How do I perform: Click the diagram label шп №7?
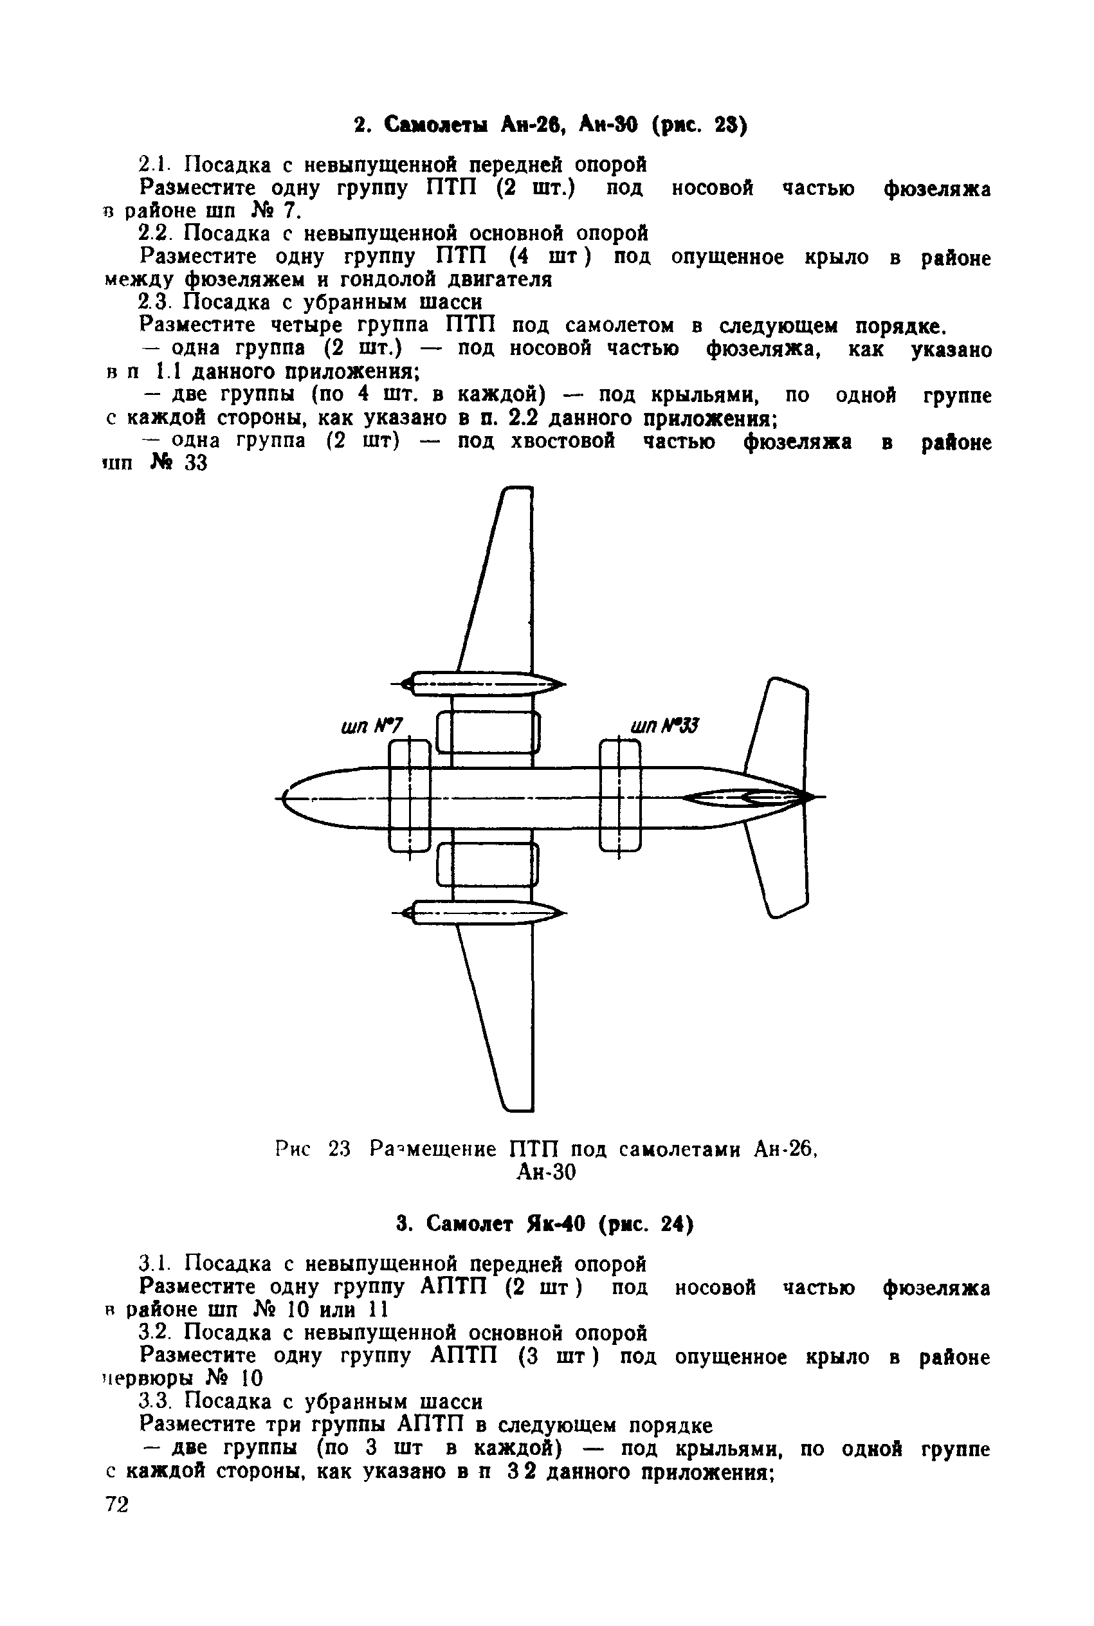tap(372, 727)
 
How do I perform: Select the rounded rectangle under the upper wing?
tap(488, 732)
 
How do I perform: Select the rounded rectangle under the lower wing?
tap(488, 864)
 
